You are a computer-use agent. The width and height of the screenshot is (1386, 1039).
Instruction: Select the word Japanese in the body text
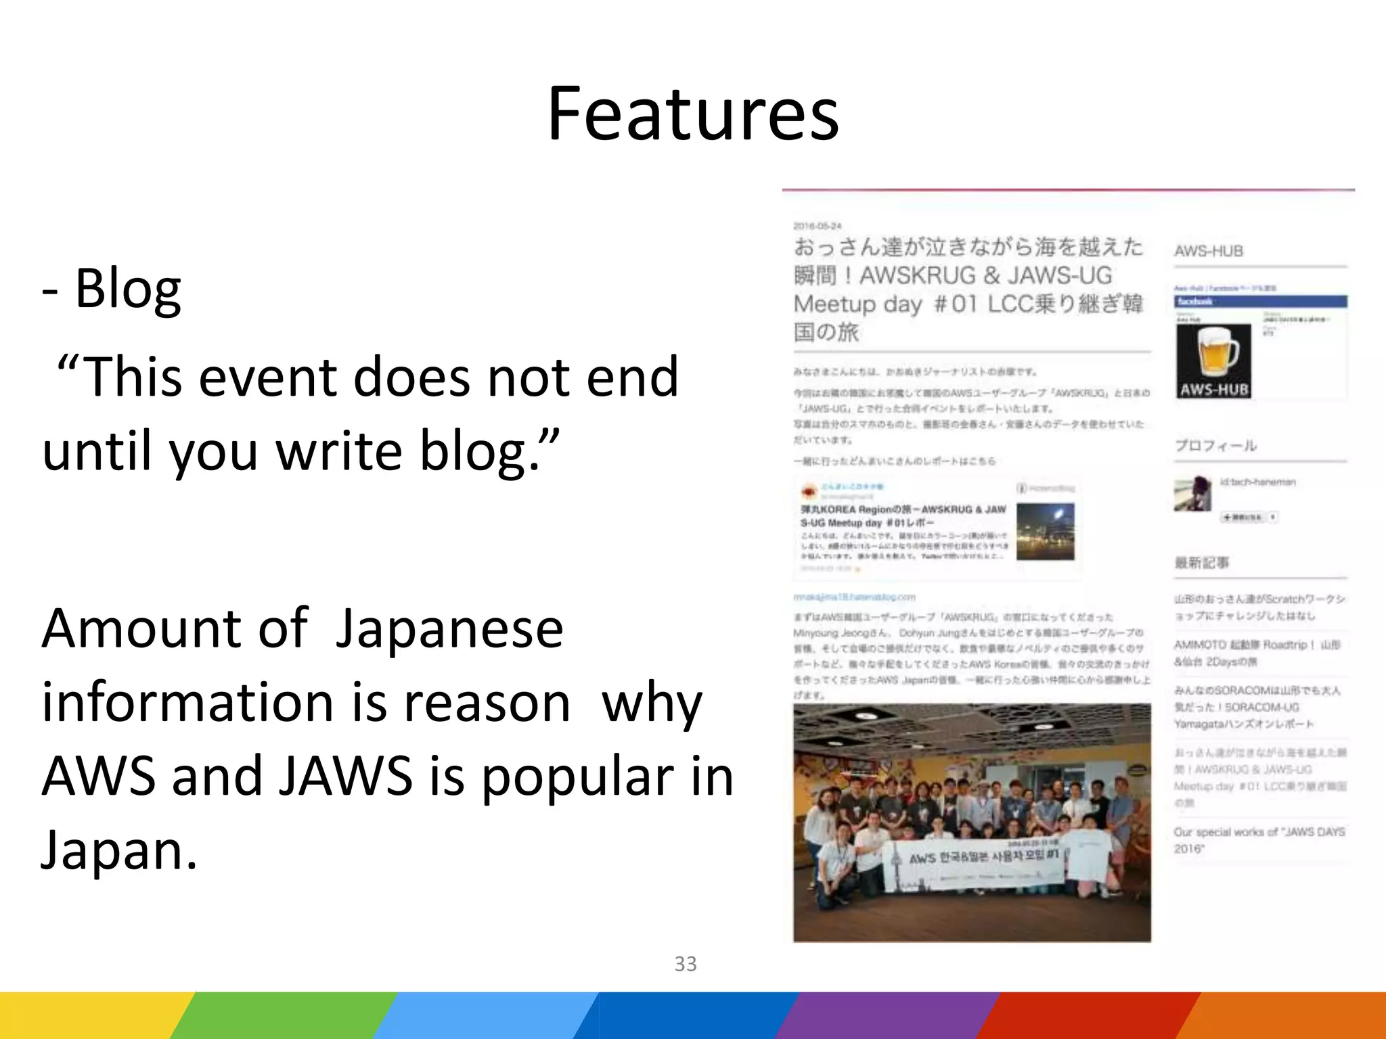(449, 628)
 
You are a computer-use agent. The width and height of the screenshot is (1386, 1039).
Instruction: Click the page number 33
(685, 963)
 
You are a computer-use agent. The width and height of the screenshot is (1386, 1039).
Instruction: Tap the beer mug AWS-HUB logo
(1213, 361)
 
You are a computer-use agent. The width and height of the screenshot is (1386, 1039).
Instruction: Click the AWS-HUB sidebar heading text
(1209, 251)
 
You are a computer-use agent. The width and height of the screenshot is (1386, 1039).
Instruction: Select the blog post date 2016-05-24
(817, 225)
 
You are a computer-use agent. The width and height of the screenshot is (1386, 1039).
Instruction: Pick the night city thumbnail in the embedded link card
(1045, 532)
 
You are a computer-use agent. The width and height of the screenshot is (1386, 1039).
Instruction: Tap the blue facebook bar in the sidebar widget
(1259, 302)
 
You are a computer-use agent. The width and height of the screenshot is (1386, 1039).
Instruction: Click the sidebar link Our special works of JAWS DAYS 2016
(1258, 839)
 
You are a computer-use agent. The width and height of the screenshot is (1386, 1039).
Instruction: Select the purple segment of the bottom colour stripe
(887, 1015)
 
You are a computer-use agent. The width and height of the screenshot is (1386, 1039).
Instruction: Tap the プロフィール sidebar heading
(1215, 446)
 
